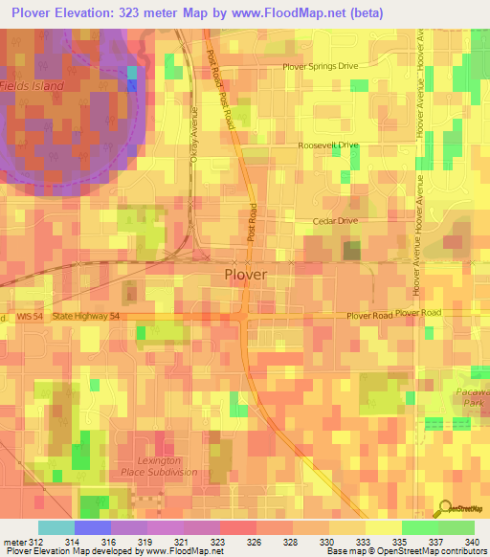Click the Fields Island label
33,86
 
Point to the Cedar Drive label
334,221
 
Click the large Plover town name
245,275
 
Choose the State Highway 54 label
88,315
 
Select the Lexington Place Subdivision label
159,466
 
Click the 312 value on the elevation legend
36,541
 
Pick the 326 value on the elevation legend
255,541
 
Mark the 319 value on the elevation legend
145,541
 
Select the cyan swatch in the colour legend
56,527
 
